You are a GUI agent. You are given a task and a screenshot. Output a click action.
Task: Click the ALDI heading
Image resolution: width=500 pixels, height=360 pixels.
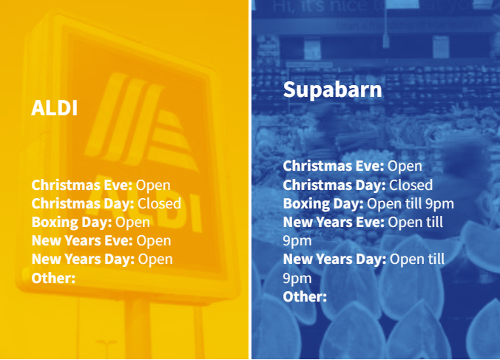point(54,108)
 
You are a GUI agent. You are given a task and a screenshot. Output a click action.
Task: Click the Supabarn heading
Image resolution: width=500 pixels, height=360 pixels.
point(332,89)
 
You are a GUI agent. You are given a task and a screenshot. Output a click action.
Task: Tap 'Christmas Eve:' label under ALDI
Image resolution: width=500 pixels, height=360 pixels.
point(82,185)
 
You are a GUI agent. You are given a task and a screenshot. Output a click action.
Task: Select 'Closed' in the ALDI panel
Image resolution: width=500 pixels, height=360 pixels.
point(160,203)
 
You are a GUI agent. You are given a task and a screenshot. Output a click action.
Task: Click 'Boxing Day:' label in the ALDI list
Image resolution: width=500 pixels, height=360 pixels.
point(72,223)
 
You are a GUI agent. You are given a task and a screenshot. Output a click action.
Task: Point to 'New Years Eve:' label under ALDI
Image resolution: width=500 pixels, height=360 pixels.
point(82,240)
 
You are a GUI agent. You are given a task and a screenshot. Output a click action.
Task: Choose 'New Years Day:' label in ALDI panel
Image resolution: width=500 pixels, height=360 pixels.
point(84,259)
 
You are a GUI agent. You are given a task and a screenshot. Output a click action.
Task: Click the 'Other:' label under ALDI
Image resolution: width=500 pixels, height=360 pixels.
point(53,278)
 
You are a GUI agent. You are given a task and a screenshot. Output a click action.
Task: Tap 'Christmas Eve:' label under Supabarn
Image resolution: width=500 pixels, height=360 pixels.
point(334,166)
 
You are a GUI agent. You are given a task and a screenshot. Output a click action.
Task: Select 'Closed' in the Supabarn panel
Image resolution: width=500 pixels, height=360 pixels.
point(411,185)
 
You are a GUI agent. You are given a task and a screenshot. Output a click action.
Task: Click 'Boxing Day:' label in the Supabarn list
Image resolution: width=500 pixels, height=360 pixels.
point(323,204)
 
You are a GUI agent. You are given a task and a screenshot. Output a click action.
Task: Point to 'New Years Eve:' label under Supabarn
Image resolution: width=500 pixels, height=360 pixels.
point(334,222)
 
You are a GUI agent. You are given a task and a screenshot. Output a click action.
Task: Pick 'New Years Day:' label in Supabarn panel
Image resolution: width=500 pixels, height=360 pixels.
point(335,259)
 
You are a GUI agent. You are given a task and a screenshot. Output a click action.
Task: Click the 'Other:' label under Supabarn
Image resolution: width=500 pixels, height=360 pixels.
point(305,296)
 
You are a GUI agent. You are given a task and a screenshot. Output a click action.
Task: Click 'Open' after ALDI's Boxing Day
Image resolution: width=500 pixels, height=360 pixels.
point(132,223)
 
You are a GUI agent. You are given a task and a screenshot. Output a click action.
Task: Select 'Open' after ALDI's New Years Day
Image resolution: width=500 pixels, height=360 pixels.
point(155,259)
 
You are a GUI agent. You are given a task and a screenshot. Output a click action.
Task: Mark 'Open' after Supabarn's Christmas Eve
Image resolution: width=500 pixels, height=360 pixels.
point(405,166)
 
